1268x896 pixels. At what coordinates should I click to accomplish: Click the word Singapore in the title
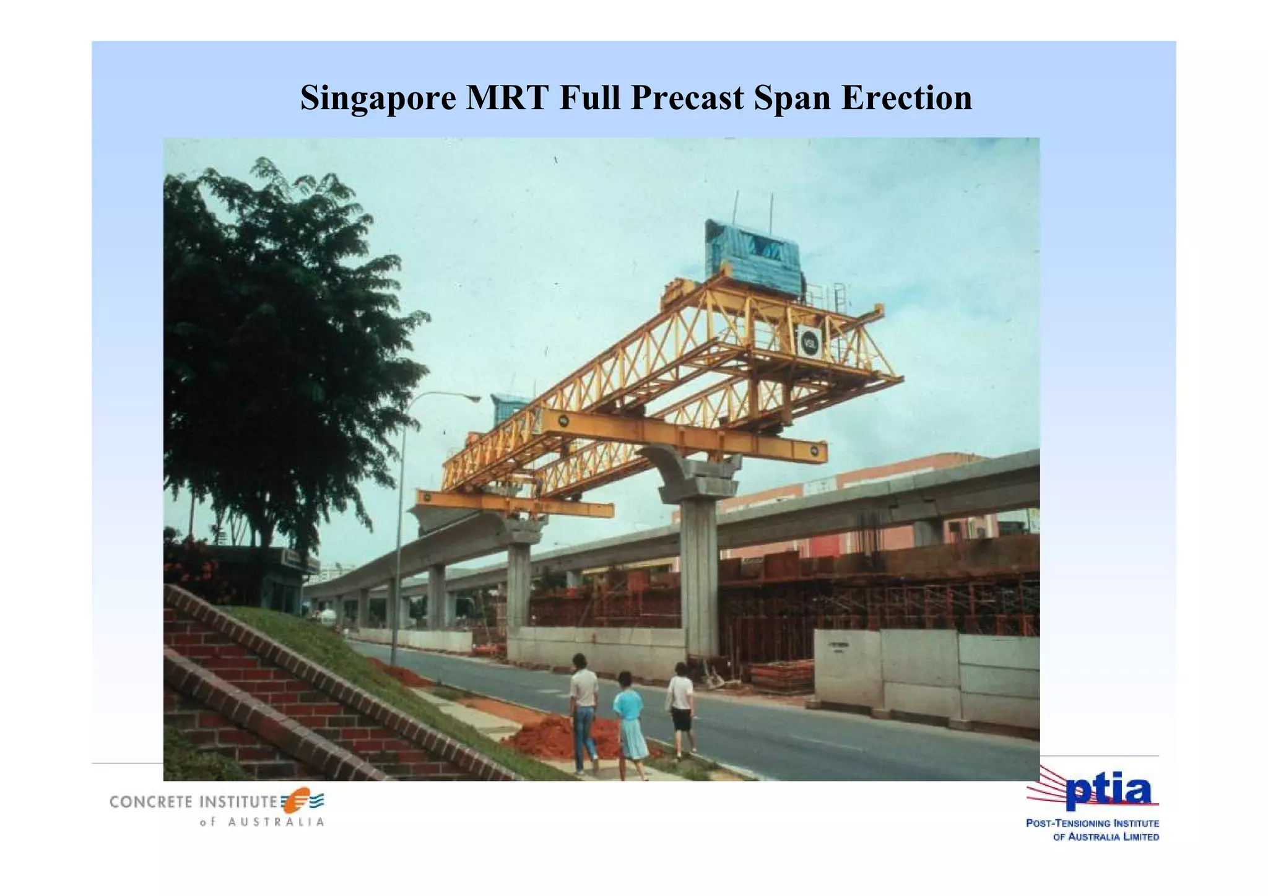[x=378, y=98]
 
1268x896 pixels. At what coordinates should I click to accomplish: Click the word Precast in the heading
[x=687, y=98]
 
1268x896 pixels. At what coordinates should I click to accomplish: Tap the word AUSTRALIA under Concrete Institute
[x=276, y=822]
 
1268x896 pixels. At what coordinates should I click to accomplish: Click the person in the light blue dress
[x=629, y=721]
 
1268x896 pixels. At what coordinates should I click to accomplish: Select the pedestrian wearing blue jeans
[x=583, y=712]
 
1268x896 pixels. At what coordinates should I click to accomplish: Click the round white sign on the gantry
[x=808, y=342]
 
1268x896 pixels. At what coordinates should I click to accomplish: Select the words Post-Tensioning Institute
[x=1092, y=824]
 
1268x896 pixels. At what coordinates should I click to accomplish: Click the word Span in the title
[x=792, y=98]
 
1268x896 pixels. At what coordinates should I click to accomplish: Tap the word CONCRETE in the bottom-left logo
[x=151, y=802]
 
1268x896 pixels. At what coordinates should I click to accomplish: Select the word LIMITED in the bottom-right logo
[x=1137, y=837]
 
